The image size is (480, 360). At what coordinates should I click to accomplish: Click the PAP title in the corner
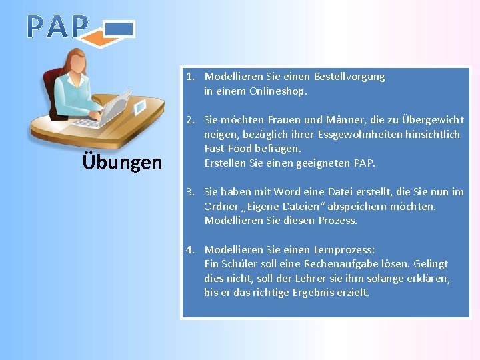(57, 27)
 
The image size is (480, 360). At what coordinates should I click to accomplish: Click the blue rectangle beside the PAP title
(120, 29)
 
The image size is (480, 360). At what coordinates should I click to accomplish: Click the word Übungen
(122, 162)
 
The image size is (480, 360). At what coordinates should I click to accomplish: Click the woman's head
(75, 64)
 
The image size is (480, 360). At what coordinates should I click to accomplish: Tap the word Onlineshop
(278, 91)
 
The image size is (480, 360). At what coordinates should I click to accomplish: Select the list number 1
(190, 77)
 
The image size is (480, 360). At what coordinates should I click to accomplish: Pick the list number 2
(190, 120)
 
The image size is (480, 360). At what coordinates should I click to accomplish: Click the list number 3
(190, 192)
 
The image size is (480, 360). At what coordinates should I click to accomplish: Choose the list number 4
(190, 250)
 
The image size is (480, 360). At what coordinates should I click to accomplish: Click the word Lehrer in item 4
(321, 278)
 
